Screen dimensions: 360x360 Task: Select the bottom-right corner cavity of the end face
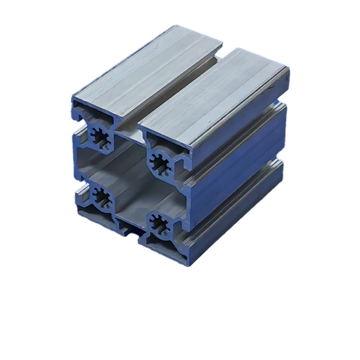click(x=162, y=245)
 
